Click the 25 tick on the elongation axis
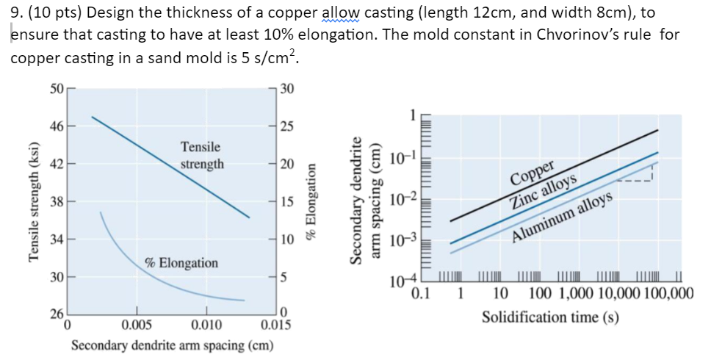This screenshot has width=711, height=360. pyautogui.click(x=287, y=126)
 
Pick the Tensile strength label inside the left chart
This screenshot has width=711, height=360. pyautogui.click(x=202, y=156)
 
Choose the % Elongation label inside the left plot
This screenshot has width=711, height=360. pyautogui.click(x=181, y=262)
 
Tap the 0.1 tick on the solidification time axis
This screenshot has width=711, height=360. pyautogui.click(x=422, y=295)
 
